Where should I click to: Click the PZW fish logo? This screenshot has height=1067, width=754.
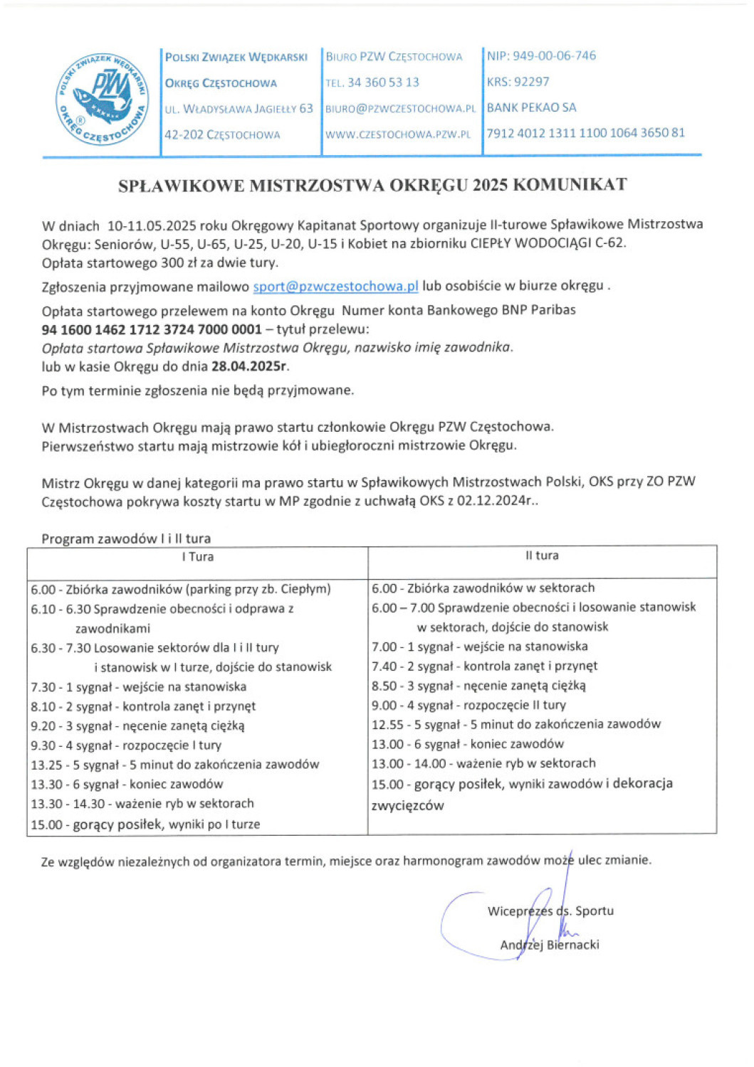[103, 98]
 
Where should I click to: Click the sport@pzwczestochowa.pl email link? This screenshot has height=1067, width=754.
[335, 287]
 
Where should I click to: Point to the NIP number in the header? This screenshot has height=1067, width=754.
[541, 56]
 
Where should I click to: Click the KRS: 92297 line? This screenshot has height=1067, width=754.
[518, 82]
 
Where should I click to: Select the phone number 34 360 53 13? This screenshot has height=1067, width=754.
[383, 83]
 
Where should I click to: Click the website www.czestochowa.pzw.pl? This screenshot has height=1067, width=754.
[398, 134]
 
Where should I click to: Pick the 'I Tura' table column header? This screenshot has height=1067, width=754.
[197, 557]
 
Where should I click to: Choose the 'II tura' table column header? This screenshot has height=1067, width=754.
[542, 556]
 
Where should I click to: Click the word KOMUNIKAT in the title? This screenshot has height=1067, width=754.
[570, 185]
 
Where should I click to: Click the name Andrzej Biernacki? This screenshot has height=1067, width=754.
[550, 945]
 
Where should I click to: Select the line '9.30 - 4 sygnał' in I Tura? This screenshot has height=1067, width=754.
[126, 745]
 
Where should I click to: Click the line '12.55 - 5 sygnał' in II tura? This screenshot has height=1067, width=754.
[515, 724]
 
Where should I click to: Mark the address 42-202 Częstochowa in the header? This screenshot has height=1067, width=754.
[222, 134]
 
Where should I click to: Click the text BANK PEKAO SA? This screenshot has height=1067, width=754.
[531, 108]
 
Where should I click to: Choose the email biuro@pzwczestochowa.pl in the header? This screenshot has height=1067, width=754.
[400, 109]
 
